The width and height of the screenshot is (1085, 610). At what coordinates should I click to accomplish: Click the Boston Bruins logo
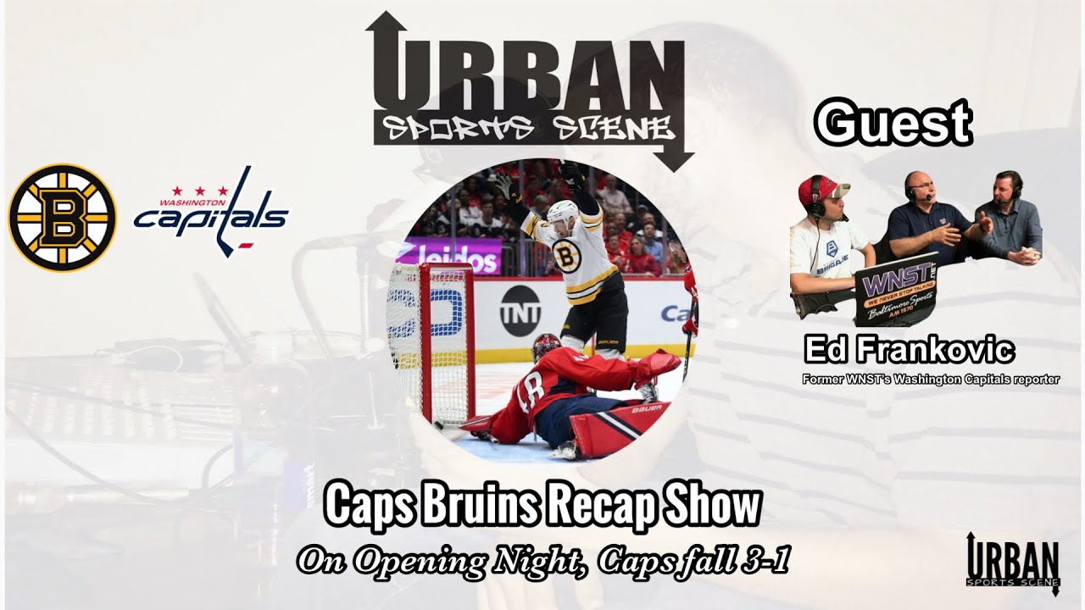pyautogui.click(x=63, y=218)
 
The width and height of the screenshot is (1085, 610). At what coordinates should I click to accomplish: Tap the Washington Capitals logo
pyautogui.click(x=211, y=211)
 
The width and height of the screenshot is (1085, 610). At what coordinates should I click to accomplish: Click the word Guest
pyautogui.click(x=893, y=124)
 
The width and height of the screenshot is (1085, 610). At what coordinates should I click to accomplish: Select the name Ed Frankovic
pyautogui.click(x=909, y=350)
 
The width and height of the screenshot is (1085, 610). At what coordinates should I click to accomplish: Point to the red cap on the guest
pyautogui.click(x=820, y=191)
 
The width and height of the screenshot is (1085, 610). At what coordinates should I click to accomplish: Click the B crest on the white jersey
pyautogui.click(x=566, y=255)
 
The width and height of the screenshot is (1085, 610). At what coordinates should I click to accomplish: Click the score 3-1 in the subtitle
pyautogui.click(x=763, y=560)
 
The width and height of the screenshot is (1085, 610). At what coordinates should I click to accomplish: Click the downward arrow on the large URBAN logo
pyautogui.click(x=675, y=152)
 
